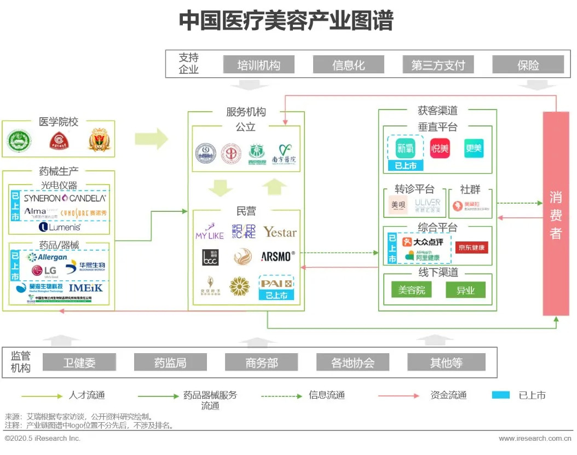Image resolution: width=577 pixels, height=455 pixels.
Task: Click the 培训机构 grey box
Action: (258, 65)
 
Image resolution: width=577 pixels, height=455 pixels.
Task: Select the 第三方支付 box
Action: (438, 65)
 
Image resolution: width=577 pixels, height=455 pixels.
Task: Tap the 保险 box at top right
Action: (528, 65)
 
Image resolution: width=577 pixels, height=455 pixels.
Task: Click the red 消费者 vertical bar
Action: (556, 214)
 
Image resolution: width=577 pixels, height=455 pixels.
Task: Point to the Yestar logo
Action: (280, 232)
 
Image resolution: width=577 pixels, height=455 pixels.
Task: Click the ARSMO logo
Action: (278, 256)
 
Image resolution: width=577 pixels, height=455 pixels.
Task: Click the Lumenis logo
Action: (60, 227)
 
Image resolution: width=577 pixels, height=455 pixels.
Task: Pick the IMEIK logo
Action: (85, 287)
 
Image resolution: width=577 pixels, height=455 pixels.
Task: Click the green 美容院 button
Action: (412, 290)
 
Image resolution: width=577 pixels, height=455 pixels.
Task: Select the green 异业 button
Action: (465, 290)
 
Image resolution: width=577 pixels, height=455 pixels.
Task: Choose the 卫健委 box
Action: (79, 362)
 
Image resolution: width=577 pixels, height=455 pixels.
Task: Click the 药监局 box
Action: (170, 362)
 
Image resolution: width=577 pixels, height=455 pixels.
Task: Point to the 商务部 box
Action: (262, 362)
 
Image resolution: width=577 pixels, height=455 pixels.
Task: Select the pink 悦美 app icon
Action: (440, 148)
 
